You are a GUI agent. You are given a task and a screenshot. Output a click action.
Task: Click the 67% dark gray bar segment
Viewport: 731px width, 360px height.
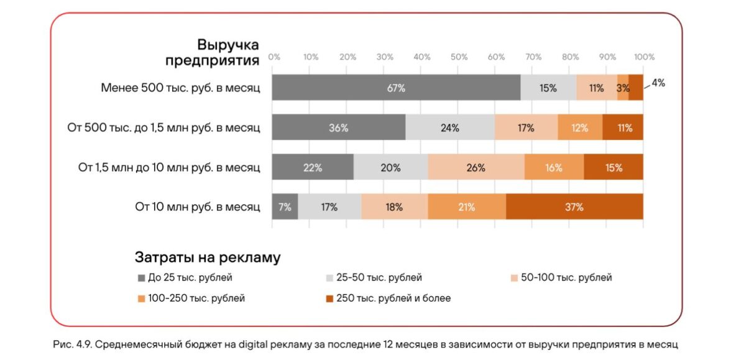coord(396,88)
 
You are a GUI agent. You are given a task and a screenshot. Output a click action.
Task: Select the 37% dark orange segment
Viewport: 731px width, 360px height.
coord(574,207)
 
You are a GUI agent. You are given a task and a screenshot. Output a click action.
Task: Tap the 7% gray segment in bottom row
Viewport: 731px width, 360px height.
coord(285,207)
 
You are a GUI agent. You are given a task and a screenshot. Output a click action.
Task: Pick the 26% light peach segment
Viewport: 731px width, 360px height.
coord(476,167)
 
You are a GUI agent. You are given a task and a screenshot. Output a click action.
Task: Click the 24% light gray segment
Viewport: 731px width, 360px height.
coord(450,128)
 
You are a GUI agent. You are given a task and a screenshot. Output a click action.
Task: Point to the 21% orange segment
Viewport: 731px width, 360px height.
coord(466,207)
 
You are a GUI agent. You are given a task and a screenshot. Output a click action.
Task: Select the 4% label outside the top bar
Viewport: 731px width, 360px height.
coord(658,82)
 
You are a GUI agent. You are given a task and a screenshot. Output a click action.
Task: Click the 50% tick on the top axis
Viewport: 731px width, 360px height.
coord(459,57)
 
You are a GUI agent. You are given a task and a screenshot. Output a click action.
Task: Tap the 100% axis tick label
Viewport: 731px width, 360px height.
coord(644,57)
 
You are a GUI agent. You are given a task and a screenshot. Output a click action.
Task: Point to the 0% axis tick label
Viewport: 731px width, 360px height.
coord(274,57)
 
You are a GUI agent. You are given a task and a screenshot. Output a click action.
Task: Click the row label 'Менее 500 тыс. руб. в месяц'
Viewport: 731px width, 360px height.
coord(180,88)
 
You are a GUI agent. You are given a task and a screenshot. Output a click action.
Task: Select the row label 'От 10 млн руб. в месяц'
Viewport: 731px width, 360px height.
coord(198,207)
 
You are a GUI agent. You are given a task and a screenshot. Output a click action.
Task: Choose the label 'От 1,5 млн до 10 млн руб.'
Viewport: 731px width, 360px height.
coord(168,167)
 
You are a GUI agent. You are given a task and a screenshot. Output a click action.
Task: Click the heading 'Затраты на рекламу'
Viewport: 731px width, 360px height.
coord(207,257)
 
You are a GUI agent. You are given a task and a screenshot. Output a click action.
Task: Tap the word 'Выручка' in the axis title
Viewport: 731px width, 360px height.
coord(228,45)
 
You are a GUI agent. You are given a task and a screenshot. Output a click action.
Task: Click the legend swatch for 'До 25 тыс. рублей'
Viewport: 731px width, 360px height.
coord(141,278)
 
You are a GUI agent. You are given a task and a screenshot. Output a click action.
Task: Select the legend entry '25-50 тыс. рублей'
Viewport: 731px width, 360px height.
coord(379,278)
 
